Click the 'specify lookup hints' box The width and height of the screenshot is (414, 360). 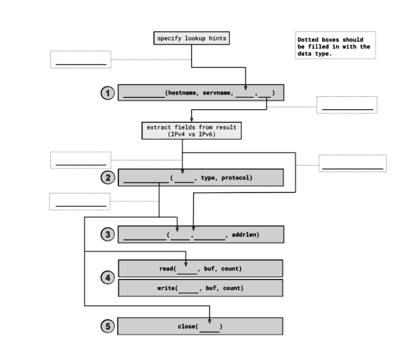click(191, 38)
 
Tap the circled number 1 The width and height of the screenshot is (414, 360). click(108, 93)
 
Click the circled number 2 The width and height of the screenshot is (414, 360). click(108, 177)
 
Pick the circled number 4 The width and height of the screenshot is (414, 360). click(108, 277)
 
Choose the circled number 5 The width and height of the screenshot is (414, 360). click(108, 326)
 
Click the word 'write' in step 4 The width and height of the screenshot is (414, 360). click(167, 288)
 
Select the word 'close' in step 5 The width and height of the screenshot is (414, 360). click(186, 327)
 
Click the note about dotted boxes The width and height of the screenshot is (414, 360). click(335, 46)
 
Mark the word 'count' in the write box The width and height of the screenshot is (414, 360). click(233, 288)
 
